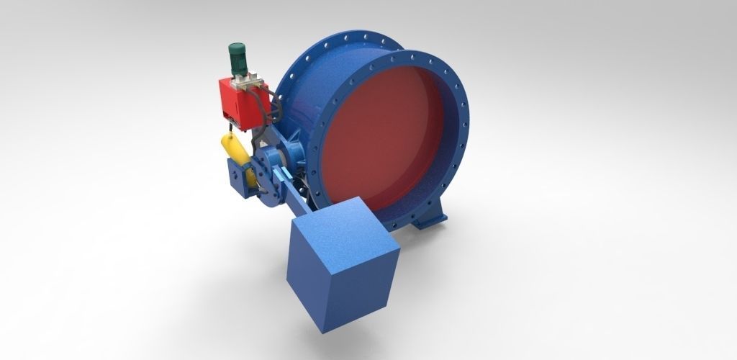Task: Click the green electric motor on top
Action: pyautogui.click(x=238, y=56)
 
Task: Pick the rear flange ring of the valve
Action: pyautogui.click(x=302, y=72)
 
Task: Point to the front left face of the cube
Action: pyautogui.click(x=317, y=281)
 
